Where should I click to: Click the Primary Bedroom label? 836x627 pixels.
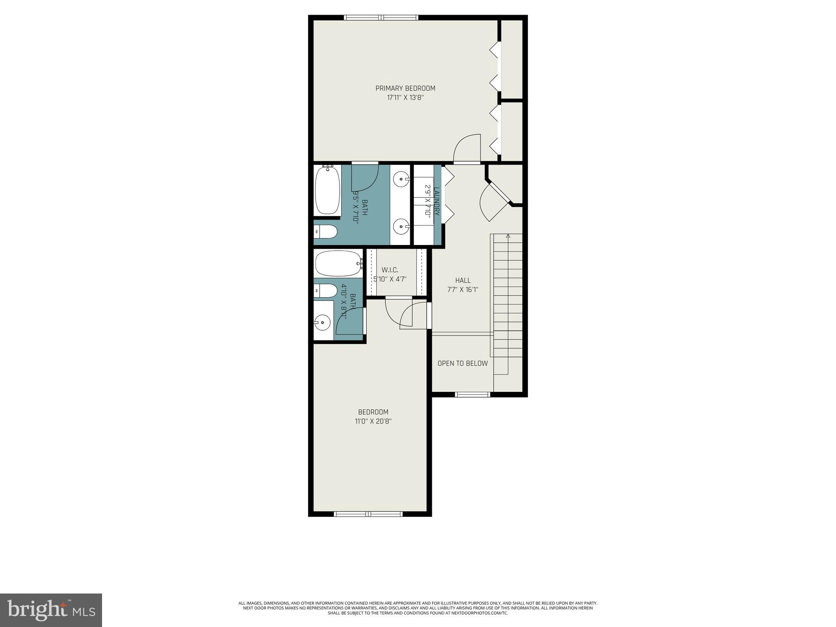(405, 88)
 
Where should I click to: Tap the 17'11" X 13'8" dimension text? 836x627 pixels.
(405, 98)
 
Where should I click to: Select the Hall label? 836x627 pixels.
(462, 280)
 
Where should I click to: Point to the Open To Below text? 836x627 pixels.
(462, 363)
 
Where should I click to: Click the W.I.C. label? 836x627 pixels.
(390, 270)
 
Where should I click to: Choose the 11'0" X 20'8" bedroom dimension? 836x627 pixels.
(373, 421)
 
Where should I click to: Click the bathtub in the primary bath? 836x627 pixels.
(328, 190)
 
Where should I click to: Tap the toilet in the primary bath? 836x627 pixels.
(326, 233)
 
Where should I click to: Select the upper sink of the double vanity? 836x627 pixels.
(401, 178)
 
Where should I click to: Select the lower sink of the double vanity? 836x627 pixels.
(401, 226)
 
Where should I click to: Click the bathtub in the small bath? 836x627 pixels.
(338, 264)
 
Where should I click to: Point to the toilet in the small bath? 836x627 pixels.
(326, 291)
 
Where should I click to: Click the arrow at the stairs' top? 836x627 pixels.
(508, 236)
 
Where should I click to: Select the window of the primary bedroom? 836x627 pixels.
(381, 18)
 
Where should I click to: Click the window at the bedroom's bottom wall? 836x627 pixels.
(368, 514)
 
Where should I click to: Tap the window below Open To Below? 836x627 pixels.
(472, 394)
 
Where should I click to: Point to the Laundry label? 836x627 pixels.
(436, 201)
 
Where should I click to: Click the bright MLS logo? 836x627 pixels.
(51, 610)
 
